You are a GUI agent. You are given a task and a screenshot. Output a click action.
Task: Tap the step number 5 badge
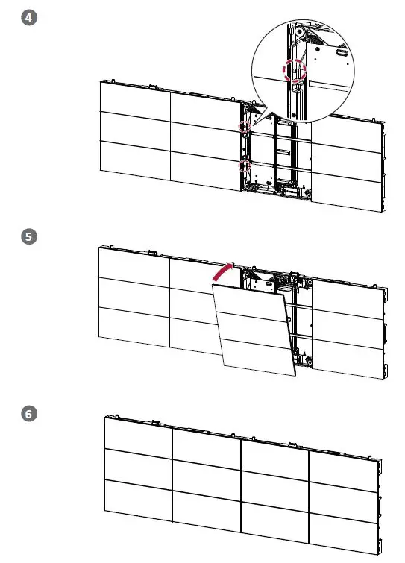30,236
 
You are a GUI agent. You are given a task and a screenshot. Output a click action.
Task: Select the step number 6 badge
30,413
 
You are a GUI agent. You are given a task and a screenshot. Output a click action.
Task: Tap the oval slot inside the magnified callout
342,54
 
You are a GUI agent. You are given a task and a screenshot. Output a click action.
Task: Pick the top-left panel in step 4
134,96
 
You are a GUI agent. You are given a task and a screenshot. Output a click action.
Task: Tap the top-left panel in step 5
134,262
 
